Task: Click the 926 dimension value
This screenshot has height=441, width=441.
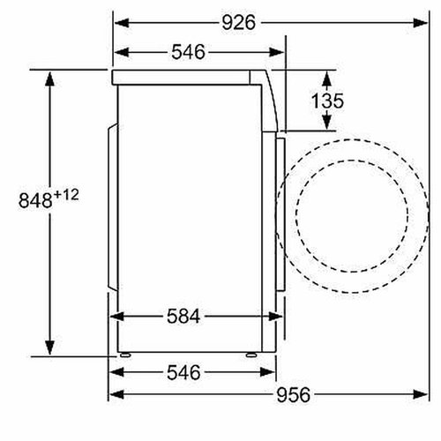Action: [x=238, y=23]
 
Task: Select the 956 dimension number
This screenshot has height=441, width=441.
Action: [x=293, y=394]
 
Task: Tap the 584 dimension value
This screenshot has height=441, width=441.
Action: [x=183, y=317]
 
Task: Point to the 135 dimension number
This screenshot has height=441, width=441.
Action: [x=327, y=101]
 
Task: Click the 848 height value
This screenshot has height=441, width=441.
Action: [x=35, y=201]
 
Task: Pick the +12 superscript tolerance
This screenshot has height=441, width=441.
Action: [x=66, y=195]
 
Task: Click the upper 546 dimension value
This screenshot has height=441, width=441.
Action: [x=188, y=52]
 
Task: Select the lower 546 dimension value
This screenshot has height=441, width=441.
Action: [x=183, y=372]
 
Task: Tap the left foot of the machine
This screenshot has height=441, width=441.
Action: [x=125, y=355]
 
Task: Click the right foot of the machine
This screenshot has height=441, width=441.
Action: [x=250, y=355]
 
